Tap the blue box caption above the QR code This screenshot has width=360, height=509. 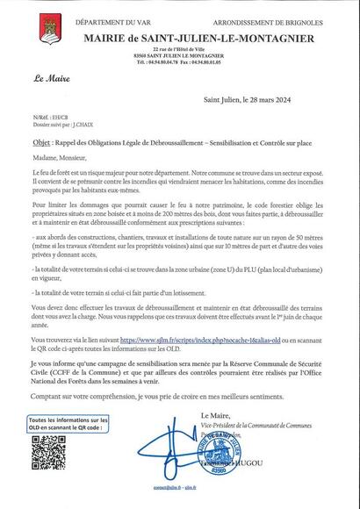point(68,424)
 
